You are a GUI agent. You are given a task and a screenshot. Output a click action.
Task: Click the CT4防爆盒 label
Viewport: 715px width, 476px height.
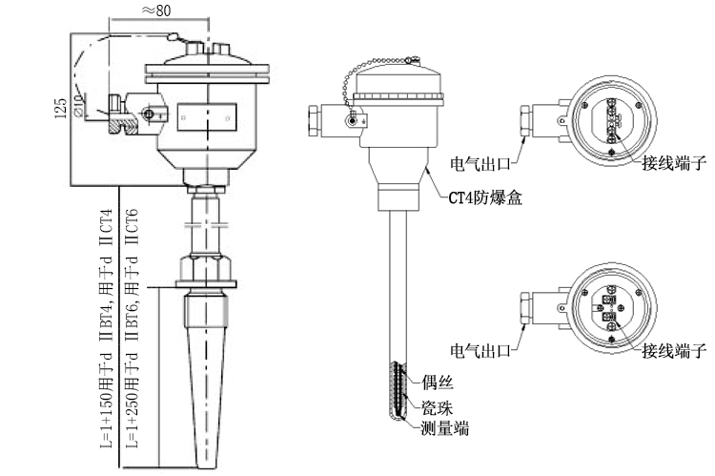[485, 198]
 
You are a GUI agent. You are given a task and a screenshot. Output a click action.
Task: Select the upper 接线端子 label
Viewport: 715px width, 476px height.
[673, 162]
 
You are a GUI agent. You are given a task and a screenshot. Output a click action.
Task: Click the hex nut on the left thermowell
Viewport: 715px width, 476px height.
[208, 268]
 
